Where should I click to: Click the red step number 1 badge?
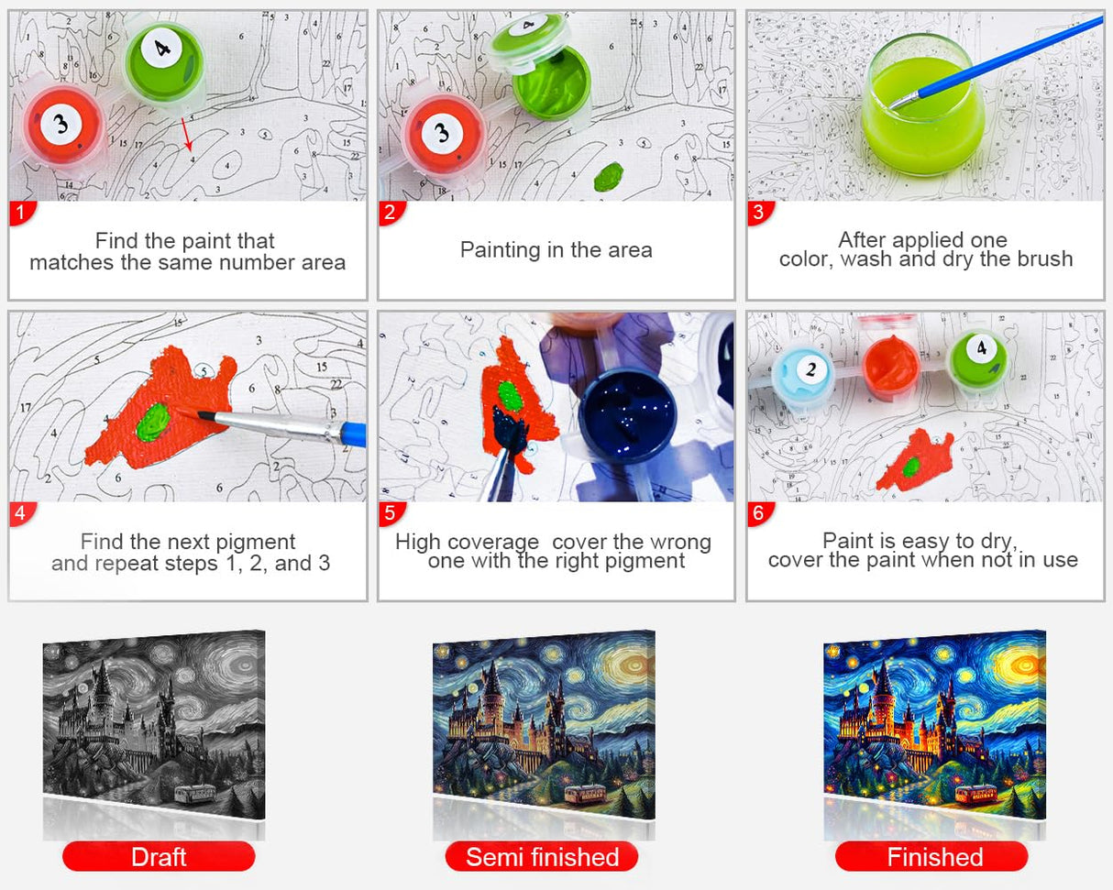coord(22,213)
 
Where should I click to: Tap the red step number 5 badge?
coord(391,513)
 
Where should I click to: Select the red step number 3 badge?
coord(760,213)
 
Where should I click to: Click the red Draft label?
coord(159,857)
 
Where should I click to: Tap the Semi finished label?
coord(542,857)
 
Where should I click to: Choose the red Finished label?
coord(931,857)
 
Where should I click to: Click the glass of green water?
coord(924,106)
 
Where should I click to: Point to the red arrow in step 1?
coord(187,135)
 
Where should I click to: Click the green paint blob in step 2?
coord(608,177)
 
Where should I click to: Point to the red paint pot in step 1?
coord(62,126)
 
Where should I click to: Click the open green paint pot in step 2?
coord(551,82)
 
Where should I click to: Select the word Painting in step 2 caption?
coord(501,251)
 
